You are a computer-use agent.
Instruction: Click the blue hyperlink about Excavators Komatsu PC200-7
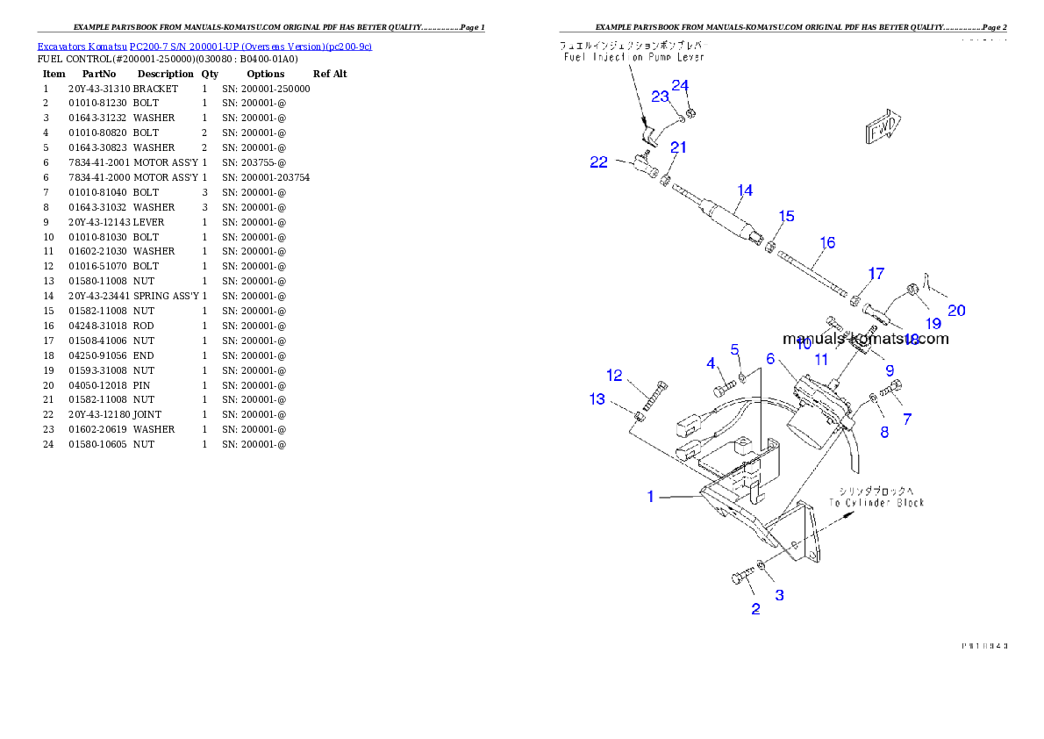pyautogui.click(x=204, y=47)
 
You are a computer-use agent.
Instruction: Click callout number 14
pyautogui.click(x=745, y=190)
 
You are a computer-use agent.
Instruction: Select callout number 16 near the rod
pyautogui.click(x=827, y=242)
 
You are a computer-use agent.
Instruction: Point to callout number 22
pyautogui.click(x=599, y=162)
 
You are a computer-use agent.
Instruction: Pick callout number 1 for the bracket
pyautogui.click(x=650, y=497)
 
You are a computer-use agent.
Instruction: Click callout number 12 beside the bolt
pyautogui.click(x=614, y=376)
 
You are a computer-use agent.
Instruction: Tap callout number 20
pyautogui.click(x=956, y=311)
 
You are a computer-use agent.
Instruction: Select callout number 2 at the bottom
pyautogui.click(x=755, y=609)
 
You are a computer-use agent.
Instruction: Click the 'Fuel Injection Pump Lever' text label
pyautogui.click(x=634, y=57)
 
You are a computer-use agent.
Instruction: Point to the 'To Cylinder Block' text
pyautogui.click(x=876, y=503)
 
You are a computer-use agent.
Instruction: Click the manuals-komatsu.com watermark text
pyautogui.click(x=865, y=339)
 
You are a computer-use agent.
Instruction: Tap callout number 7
pyautogui.click(x=906, y=420)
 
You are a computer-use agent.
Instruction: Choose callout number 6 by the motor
pyautogui.click(x=770, y=358)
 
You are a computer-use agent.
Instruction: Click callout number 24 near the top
pyautogui.click(x=681, y=85)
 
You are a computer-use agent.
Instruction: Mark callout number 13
pyautogui.click(x=597, y=399)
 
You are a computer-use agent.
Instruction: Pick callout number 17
pyautogui.click(x=876, y=274)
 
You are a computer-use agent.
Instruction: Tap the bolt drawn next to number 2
pyautogui.click(x=741, y=578)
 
